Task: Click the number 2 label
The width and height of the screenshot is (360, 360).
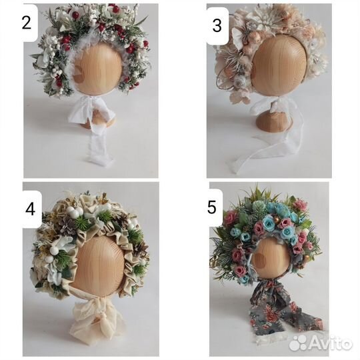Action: [x=27, y=23]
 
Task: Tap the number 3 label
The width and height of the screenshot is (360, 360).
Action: [x=217, y=25]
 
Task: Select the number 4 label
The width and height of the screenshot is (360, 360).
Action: [x=30, y=209]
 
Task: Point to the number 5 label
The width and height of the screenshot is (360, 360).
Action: [x=212, y=207]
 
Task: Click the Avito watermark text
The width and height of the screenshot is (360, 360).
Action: [x=330, y=343]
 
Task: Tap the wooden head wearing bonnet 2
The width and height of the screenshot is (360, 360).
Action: [x=97, y=69]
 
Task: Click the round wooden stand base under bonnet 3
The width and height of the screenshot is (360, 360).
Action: [x=274, y=121]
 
